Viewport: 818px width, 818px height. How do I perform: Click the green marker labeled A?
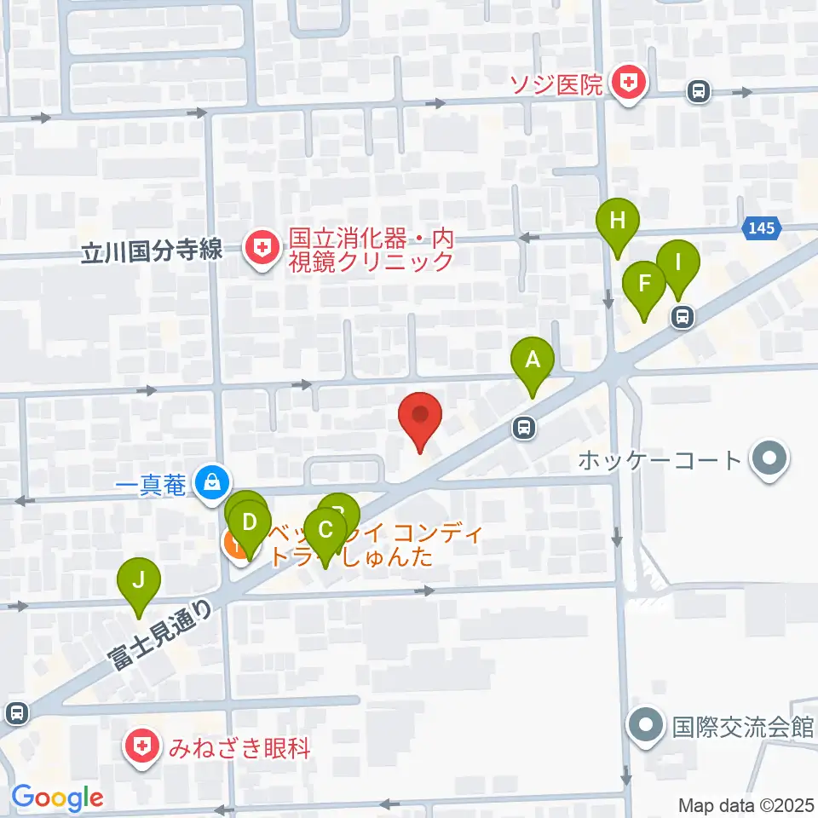click(533, 361)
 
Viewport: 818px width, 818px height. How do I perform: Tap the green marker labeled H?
click(618, 222)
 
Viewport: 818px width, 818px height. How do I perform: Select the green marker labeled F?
click(644, 284)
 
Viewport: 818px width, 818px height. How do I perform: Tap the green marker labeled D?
click(250, 521)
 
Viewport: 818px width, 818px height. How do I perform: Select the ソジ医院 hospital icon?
click(630, 84)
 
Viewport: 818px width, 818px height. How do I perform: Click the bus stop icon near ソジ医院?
click(699, 90)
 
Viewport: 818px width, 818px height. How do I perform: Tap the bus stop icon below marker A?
click(524, 428)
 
